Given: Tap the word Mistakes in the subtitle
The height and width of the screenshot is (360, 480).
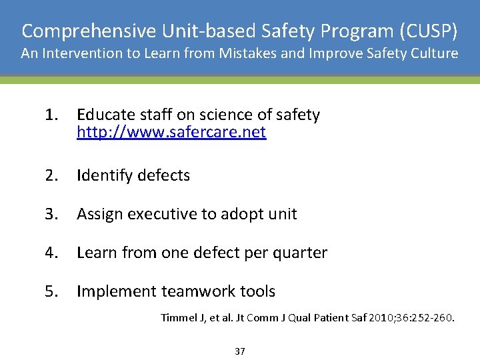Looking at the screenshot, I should click(253, 53).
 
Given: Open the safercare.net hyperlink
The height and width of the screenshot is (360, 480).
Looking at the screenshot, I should click(171, 132).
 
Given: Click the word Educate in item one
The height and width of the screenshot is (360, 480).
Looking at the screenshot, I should click(103, 115).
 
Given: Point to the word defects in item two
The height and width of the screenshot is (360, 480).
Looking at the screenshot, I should click(163, 175).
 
